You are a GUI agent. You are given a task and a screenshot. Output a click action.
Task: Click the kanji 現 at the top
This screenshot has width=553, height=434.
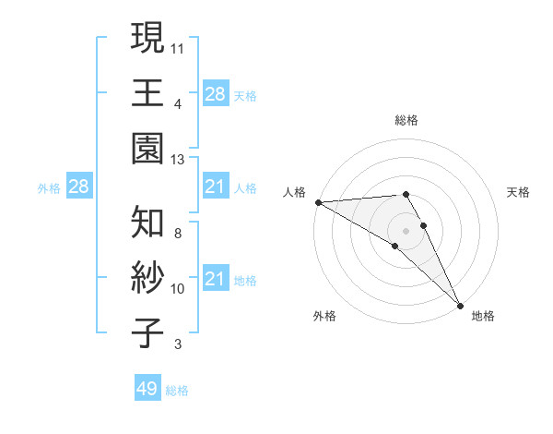[x=147, y=38]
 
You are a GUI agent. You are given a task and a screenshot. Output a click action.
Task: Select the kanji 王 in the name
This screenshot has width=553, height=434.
[x=147, y=93]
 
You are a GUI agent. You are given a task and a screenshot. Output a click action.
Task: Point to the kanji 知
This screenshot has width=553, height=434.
[x=147, y=222]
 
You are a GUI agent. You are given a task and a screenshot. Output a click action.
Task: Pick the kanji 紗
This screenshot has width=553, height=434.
[x=147, y=278]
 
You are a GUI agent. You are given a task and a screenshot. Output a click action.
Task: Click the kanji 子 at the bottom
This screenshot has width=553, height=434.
[x=147, y=332]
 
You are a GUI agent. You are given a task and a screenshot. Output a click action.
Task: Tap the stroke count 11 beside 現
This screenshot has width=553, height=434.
[x=178, y=46]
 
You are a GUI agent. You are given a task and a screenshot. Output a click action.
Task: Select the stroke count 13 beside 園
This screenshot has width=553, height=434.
[x=178, y=159]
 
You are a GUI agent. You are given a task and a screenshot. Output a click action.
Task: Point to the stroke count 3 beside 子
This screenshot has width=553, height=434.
[x=178, y=344]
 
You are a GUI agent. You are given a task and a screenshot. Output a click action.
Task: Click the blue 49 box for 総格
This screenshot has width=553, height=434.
[x=147, y=389]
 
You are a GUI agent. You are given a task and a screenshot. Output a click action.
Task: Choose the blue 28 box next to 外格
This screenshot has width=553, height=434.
[x=78, y=187]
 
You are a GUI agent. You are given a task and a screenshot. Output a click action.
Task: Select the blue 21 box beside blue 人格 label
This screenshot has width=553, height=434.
[x=215, y=187]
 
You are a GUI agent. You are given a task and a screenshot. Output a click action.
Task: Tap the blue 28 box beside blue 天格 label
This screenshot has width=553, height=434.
[x=215, y=93]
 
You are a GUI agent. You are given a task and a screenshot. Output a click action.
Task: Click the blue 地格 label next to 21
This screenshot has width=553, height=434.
[x=245, y=281]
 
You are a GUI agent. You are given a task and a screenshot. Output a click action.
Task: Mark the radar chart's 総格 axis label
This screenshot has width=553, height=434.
[x=406, y=120]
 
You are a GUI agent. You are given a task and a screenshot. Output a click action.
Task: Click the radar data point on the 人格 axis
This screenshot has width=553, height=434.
[x=317, y=202]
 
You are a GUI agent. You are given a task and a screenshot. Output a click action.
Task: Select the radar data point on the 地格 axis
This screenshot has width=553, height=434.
[x=460, y=305]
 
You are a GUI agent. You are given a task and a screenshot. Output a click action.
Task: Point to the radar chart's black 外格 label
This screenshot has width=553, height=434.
[x=324, y=316]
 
